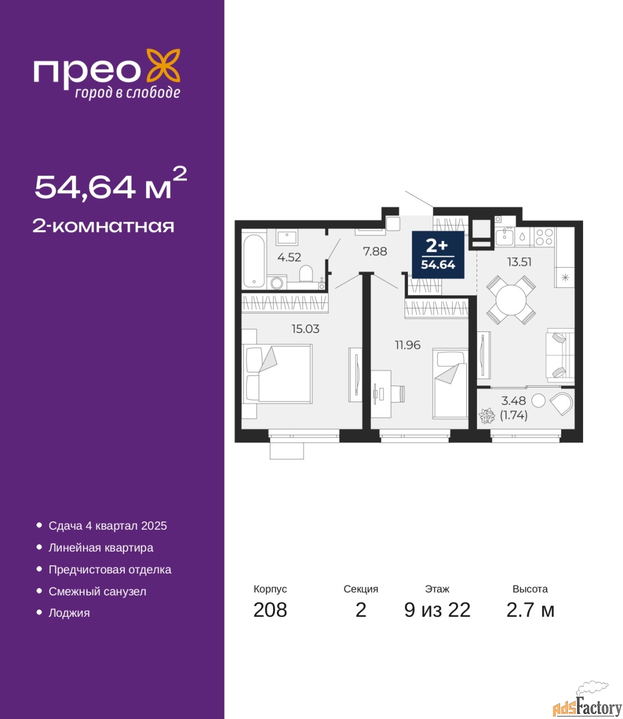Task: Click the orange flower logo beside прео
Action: coord(163,66)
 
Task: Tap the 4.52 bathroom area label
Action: coord(289,257)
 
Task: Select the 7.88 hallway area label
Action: coord(375,251)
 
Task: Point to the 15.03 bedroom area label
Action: coord(306,329)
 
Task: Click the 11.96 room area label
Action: coord(407,345)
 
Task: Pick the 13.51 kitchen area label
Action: coord(519,262)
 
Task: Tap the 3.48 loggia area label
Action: coord(513,401)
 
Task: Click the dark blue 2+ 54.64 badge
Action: coord(438,254)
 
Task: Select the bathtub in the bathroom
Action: coord(254,261)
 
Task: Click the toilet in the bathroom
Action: coord(306,274)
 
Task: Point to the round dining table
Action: coord(511,300)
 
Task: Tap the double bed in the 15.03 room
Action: coord(278,374)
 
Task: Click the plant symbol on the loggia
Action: coord(487,416)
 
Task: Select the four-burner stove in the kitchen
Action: coord(544,236)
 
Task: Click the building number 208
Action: coord(270,610)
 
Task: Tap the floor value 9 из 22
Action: coord(437,610)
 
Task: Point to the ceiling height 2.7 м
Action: coord(530,610)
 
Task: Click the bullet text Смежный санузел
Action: coord(97,591)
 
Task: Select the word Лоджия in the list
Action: coord(69,613)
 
